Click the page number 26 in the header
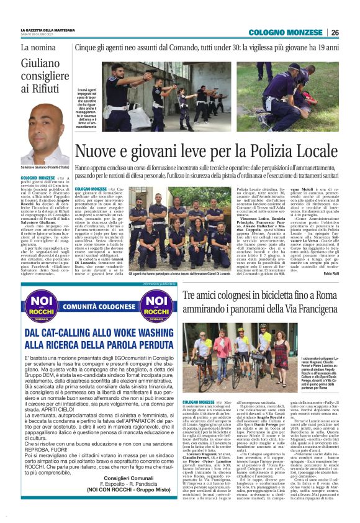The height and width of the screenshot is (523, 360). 335,32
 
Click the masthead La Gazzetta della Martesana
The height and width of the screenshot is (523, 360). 48,29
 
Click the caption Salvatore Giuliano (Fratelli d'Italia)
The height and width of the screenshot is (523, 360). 45,169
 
